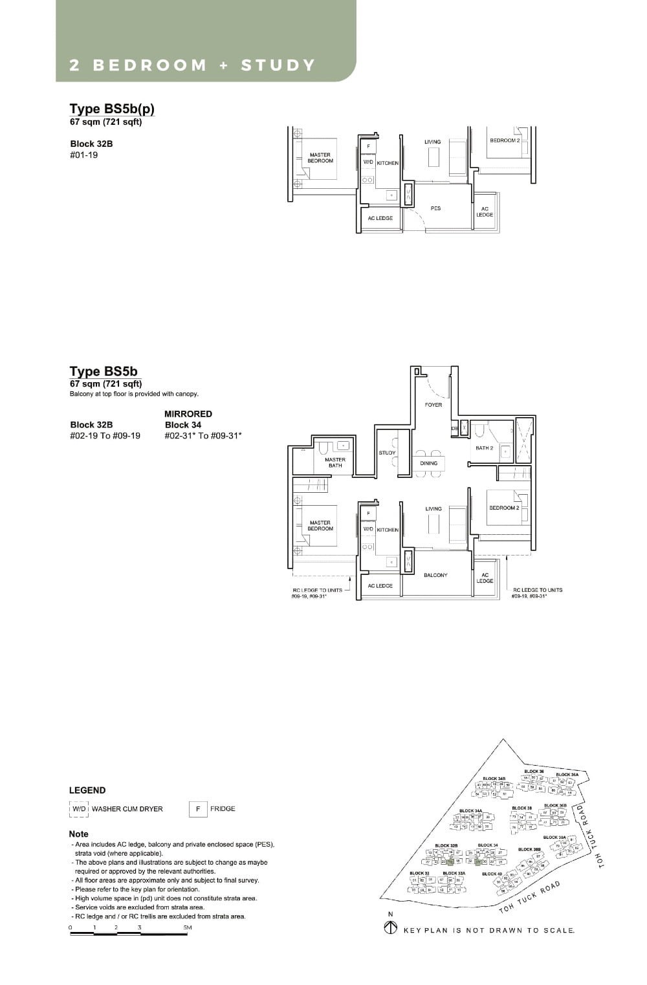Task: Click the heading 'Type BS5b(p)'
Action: pos(112,109)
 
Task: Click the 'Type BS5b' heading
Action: pos(104,371)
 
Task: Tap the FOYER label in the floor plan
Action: pos(433,405)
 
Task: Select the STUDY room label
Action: pos(387,453)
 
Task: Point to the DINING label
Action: pos(428,463)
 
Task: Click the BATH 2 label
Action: pos(484,448)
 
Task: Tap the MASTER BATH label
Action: pos(335,462)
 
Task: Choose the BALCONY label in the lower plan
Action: pos(435,575)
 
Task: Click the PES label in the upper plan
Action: pos(435,208)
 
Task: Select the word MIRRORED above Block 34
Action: pos(188,414)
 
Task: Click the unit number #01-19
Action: pos(84,155)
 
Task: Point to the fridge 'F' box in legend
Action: pos(197,809)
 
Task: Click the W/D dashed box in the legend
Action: pos(79,809)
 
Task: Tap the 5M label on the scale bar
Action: pos(187,927)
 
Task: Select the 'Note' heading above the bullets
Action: pos(79,834)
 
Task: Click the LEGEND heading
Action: pos(87,790)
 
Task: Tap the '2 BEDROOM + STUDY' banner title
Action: pos(192,65)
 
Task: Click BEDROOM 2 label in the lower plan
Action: pos(504,508)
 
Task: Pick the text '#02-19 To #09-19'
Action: pos(105,436)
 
